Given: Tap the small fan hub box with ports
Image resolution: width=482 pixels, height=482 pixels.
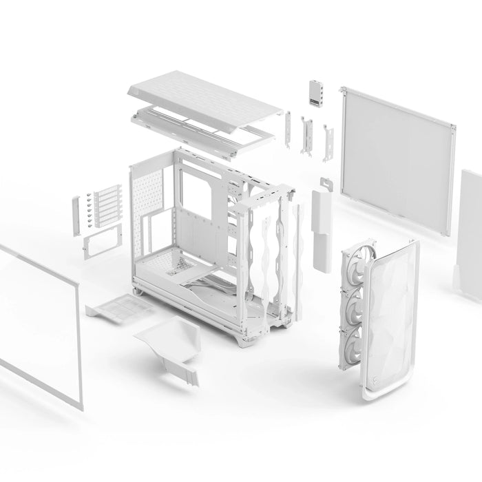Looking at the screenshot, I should coord(317,94).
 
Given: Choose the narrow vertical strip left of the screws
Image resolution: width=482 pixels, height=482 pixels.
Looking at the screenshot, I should coord(76,215).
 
